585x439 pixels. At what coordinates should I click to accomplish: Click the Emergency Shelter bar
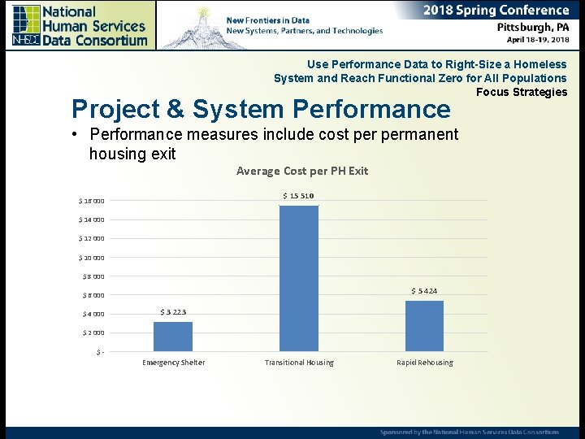pyautogui.click(x=173, y=337)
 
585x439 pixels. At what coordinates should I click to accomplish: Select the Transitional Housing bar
pyautogui.click(x=299, y=278)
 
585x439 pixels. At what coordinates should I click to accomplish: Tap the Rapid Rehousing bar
pyautogui.click(x=424, y=326)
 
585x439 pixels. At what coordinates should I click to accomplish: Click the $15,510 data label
pyautogui.click(x=298, y=196)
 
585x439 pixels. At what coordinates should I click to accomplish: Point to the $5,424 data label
pyautogui.click(x=424, y=291)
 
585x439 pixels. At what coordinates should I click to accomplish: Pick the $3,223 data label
pyautogui.click(x=173, y=312)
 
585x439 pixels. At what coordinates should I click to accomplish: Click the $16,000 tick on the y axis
pyautogui.click(x=91, y=201)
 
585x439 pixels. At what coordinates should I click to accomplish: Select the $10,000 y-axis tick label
pyautogui.click(x=91, y=258)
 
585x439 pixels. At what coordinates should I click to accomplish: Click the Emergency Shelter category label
pyautogui.click(x=173, y=363)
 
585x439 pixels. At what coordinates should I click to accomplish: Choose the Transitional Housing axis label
pyautogui.click(x=299, y=363)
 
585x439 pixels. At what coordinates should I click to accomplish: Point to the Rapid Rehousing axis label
pyautogui.click(x=424, y=363)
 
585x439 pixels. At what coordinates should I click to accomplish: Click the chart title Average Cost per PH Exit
pyautogui.click(x=301, y=171)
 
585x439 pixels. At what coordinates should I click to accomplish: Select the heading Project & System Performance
pyautogui.click(x=261, y=109)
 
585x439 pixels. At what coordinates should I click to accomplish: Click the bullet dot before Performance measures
pyautogui.click(x=74, y=134)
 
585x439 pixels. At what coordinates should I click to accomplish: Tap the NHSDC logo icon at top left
pyautogui.click(x=26, y=24)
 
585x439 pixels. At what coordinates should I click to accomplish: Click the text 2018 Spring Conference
pyautogui.click(x=496, y=11)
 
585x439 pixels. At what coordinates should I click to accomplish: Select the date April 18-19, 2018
pyautogui.click(x=537, y=39)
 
